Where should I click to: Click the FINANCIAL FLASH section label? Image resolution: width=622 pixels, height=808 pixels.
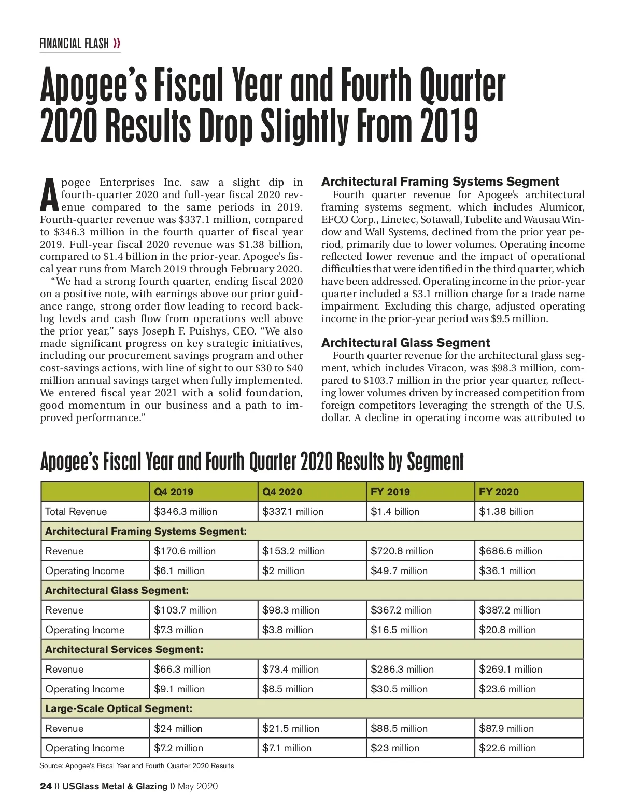click(74, 44)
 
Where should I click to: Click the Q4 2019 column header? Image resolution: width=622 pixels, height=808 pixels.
click(174, 492)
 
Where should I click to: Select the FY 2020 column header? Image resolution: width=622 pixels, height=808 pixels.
click(499, 492)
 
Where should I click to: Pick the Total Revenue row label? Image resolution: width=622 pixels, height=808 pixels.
click(76, 511)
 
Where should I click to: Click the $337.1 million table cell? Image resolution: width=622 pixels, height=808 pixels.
click(293, 511)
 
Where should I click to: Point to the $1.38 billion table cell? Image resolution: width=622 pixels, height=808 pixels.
click(506, 511)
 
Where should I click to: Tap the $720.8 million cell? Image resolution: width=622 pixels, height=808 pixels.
click(402, 551)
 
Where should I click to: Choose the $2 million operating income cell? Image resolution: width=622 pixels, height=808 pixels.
click(284, 570)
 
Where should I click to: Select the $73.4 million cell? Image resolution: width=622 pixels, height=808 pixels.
click(290, 669)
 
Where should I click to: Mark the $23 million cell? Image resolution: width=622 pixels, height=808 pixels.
click(395, 748)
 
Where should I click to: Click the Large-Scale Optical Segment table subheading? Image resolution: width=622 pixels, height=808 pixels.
click(119, 708)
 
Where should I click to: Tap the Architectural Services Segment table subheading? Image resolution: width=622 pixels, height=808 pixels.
click(124, 649)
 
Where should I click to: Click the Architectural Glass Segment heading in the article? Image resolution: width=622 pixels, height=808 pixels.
click(405, 343)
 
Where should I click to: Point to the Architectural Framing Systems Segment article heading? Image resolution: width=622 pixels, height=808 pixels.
click(440, 182)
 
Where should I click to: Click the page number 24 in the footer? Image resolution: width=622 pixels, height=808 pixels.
click(46, 786)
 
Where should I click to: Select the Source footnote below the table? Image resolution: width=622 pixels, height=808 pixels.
click(137, 765)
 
